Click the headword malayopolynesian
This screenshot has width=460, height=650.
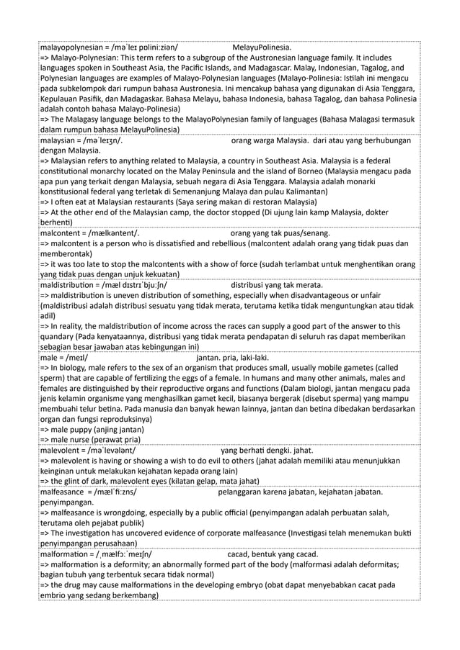pyautogui.click(x=73, y=48)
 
